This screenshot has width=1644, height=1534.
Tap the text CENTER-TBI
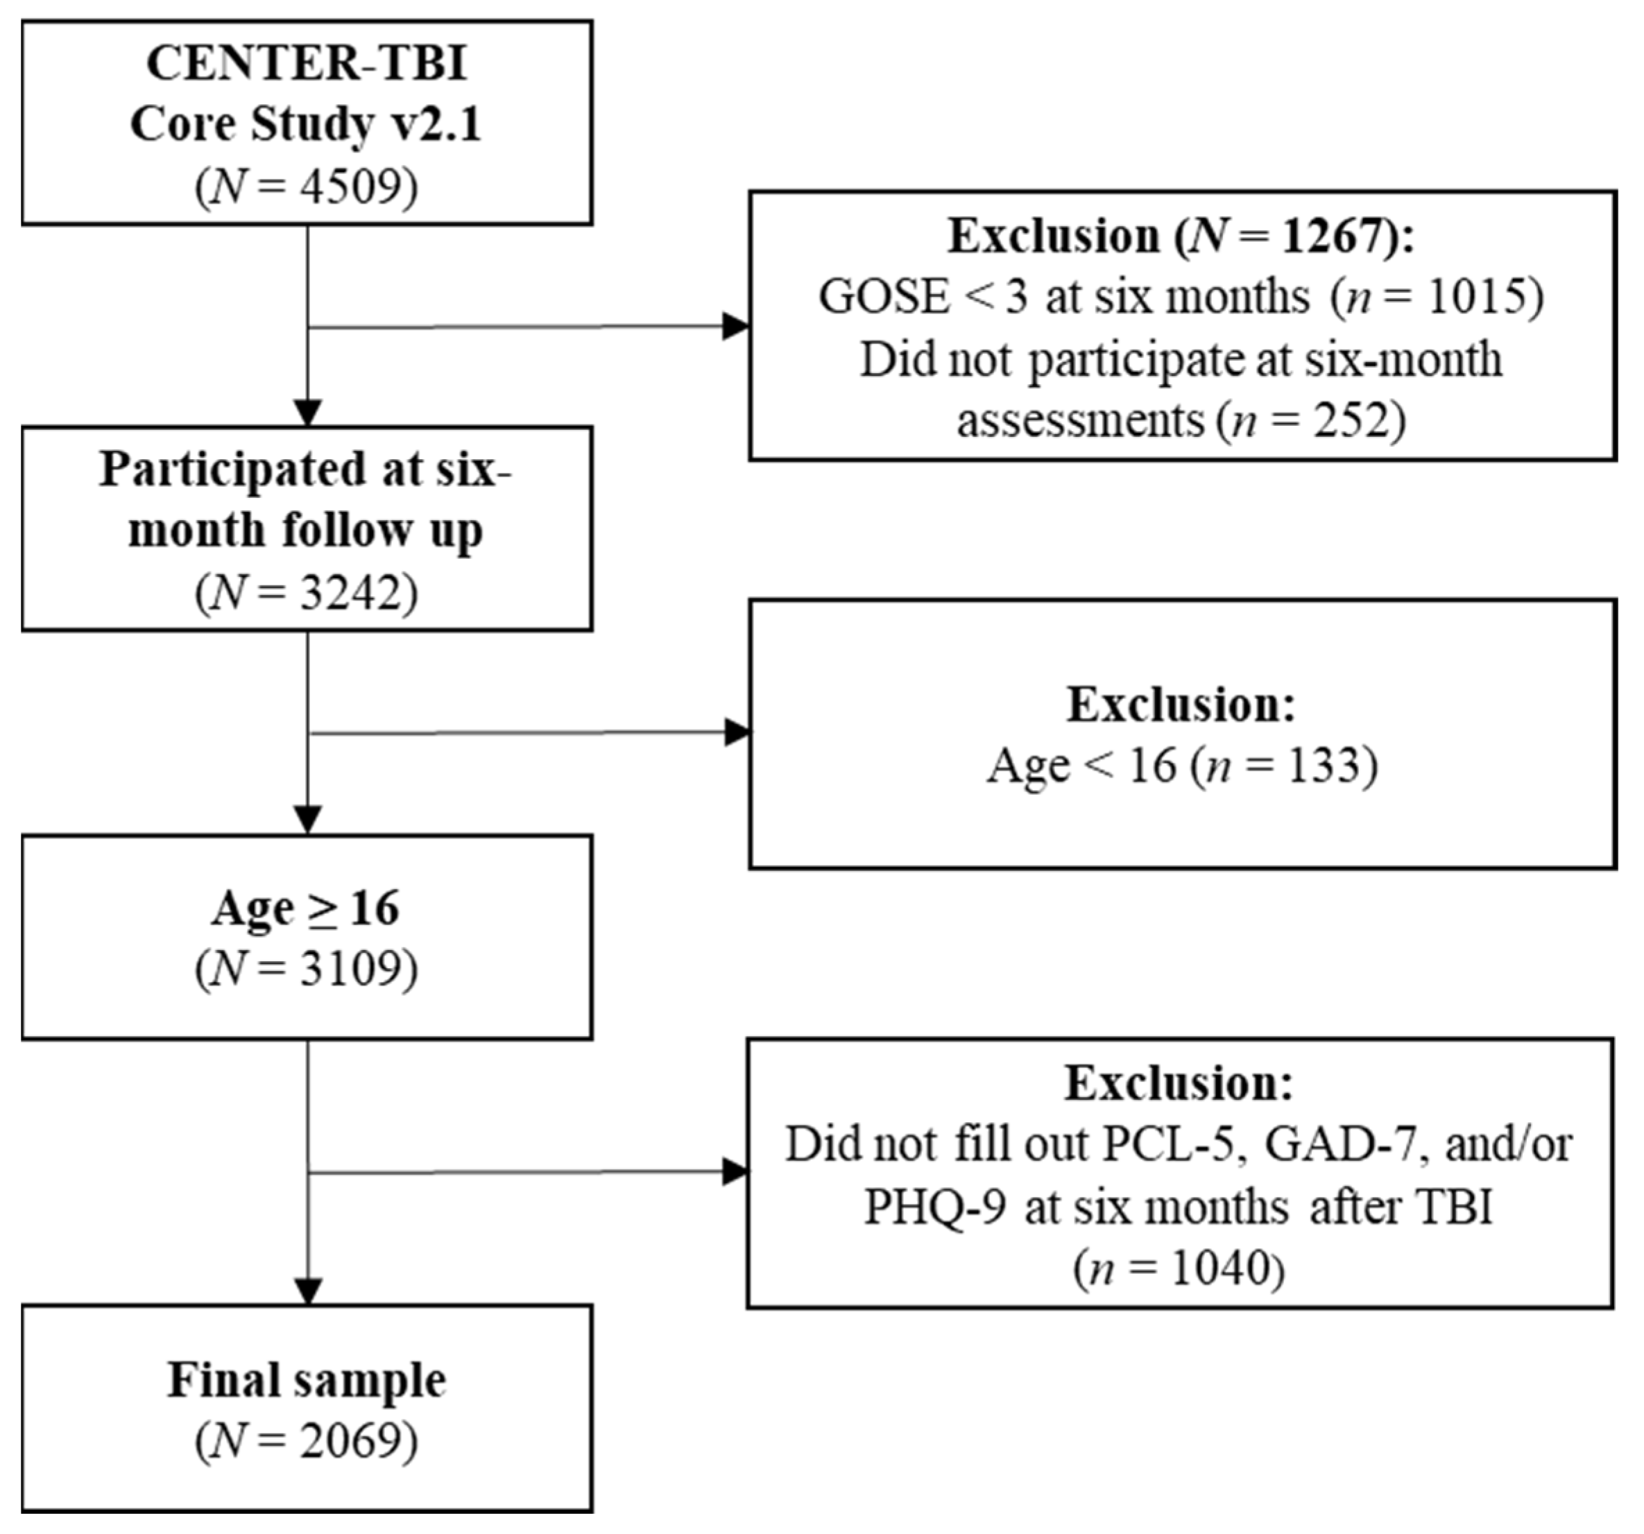click(307, 64)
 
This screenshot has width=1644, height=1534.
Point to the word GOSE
click(884, 298)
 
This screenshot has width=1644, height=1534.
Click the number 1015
click(1478, 298)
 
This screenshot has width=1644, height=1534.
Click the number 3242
click(347, 593)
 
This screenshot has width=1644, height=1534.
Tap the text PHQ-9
click(935, 1207)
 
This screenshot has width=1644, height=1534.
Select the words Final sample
click(307, 1380)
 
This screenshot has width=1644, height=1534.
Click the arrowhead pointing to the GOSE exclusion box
click(736, 326)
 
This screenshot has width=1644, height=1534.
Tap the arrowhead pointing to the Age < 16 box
click(736, 732)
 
